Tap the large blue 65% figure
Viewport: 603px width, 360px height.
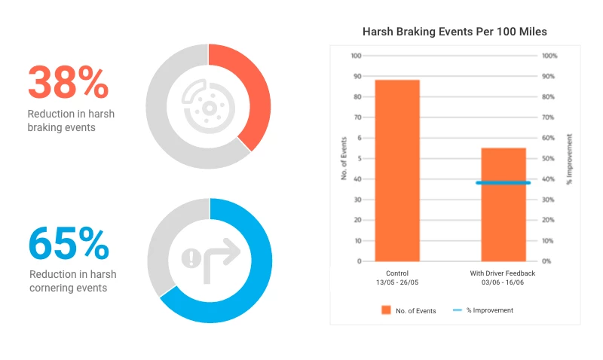click(x=69, y=243)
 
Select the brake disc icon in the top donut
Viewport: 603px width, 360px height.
click(x=207, y=106)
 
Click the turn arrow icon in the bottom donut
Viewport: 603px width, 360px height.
click(x=210, y=258)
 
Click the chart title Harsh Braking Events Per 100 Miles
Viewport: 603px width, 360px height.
click(x=455, y=32)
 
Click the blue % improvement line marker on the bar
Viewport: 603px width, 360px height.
click(x=504, y=182)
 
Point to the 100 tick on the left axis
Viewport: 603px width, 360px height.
click(x=357, y=56)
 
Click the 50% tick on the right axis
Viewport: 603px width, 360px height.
click(x=550, y=159)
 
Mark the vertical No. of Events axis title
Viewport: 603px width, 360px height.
click(x=344, y=158)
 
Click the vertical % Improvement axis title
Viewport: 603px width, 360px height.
click(x=570, y=158)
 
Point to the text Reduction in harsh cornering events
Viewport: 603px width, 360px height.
click(x=72, y=281)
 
